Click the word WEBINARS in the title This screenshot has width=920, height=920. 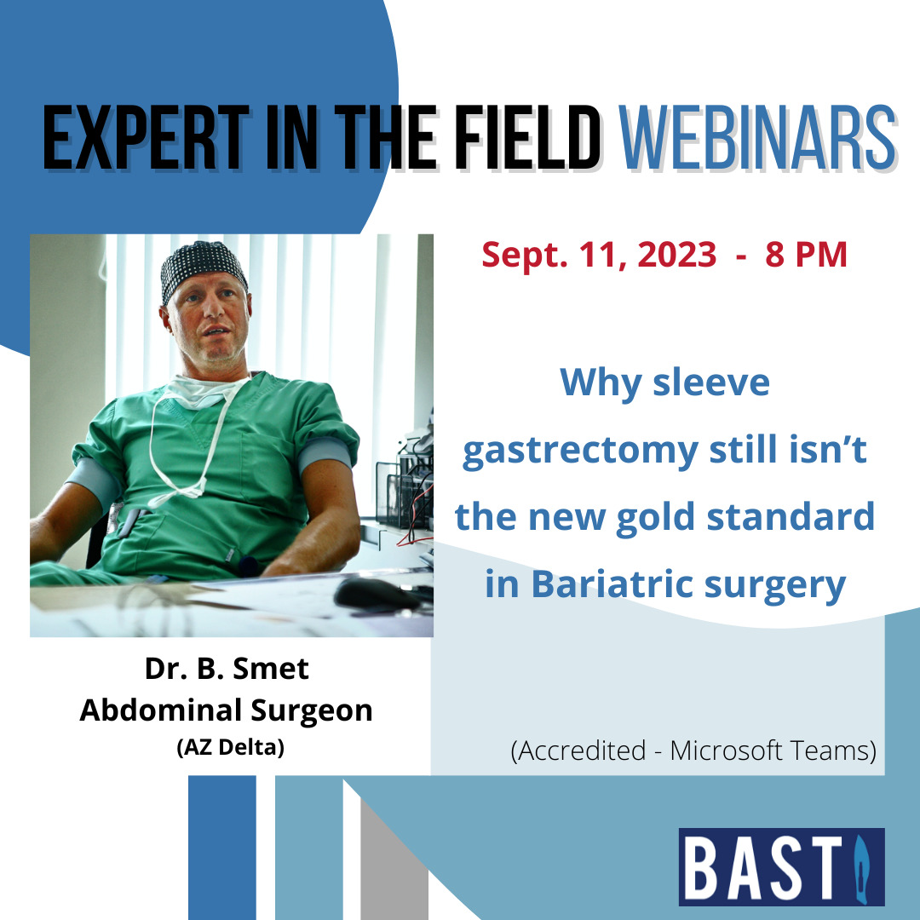click(757, 139)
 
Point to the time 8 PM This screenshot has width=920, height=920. click(806, 256)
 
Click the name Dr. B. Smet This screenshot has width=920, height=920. click(227, 669)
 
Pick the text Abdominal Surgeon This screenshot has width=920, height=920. click(227, 711)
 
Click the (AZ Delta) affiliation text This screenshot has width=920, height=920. click(231, 748)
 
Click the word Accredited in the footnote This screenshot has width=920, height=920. click(582, 751)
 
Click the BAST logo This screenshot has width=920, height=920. click(781, 866)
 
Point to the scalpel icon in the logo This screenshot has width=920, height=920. click(860, 869)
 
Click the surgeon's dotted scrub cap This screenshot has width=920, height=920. click(203, 268)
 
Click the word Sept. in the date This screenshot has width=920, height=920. click(524, 256)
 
